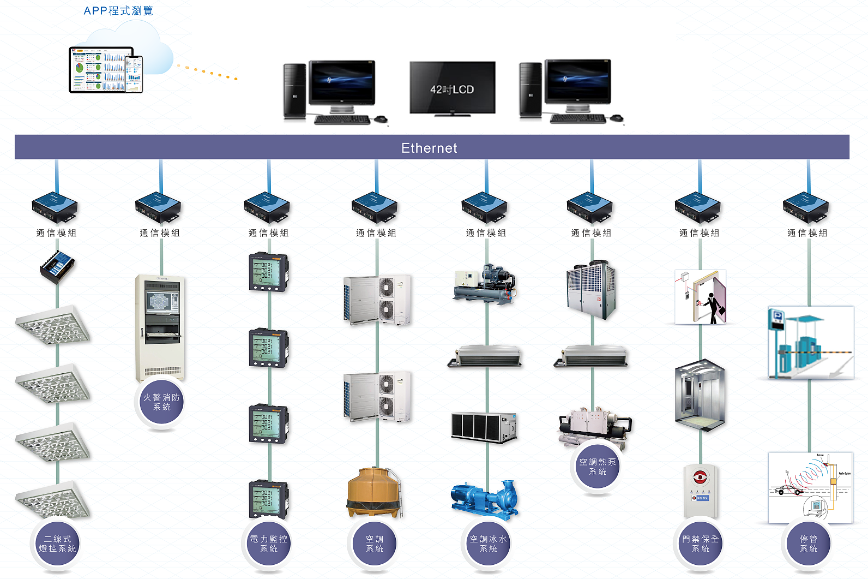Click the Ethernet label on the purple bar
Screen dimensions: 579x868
(x=429, y=148)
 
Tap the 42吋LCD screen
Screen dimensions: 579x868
(x=452, y=88)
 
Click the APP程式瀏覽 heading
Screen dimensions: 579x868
(x=118, y=11)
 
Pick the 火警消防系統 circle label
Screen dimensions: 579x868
(x=161, y=402)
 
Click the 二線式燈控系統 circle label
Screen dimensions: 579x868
(x=57, y=544)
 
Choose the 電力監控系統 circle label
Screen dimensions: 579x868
(x=268, y=544)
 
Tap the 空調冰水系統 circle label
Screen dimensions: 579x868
(x=488, y=544)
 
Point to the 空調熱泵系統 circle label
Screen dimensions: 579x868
(x=598, y=467)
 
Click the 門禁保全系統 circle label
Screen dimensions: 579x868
(x=701, y=544)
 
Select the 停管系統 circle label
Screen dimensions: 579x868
(x=809, y=544)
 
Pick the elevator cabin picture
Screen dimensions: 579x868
(x=700, y=393)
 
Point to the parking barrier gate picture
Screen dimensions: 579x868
(x=810, y=343)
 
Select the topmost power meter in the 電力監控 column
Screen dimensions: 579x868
(x=268, y=272)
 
